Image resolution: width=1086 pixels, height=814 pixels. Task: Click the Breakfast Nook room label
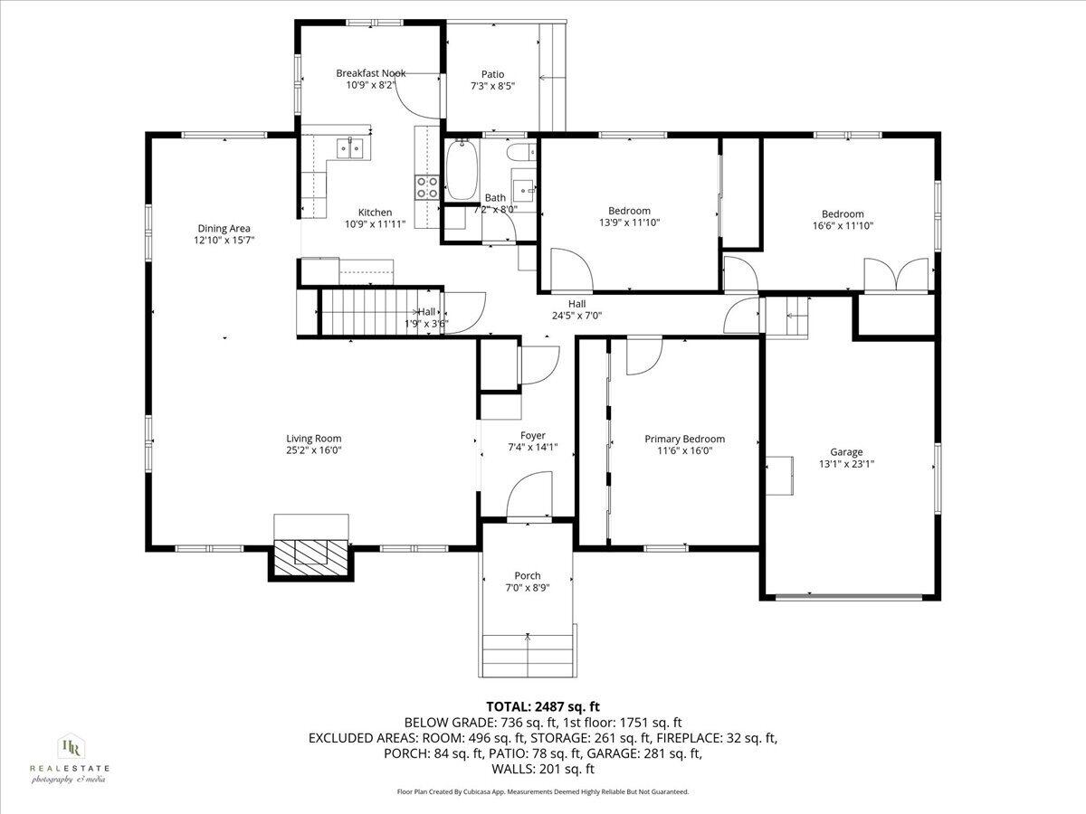(370, 73)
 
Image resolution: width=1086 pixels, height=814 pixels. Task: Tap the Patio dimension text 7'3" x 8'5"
(492, 87)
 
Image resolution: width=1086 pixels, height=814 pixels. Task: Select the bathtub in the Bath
(461, 171)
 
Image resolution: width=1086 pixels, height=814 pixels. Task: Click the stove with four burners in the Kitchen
(427, 186)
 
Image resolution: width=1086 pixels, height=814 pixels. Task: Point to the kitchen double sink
(348, 147)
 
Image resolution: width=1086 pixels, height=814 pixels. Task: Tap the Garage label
(846, 452)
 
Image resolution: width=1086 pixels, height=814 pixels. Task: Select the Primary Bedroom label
(684, 439)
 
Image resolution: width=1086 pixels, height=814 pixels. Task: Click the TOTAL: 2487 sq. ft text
(543, 706)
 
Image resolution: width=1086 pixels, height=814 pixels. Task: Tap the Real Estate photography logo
(70, 758)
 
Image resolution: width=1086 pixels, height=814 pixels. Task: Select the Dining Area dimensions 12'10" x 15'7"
(224, 241)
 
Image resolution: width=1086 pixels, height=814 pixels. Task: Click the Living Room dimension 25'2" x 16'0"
(314, 450)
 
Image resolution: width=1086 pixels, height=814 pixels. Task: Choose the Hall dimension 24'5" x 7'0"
(576, 316)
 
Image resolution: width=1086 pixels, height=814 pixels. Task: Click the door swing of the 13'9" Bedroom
(570, 269)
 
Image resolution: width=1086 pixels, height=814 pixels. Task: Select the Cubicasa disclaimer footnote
(543, 791)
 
